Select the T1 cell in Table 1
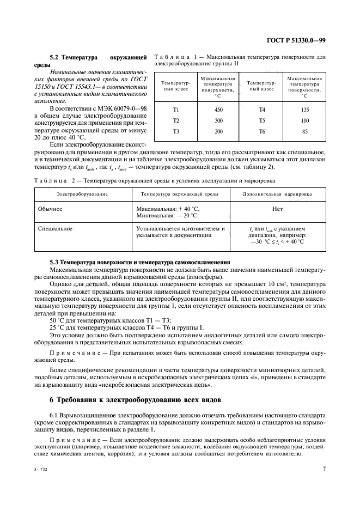coord(176,110)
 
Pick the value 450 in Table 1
coord(217,110)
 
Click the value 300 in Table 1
coord(217,120)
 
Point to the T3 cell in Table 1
coord(176,131)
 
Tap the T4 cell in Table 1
coord(262,110)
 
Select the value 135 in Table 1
coord(304,110)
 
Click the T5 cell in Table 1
coord(262,120)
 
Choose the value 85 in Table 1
coord(304,131)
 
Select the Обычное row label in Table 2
coord(50,209)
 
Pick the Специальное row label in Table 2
coord(55,228)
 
